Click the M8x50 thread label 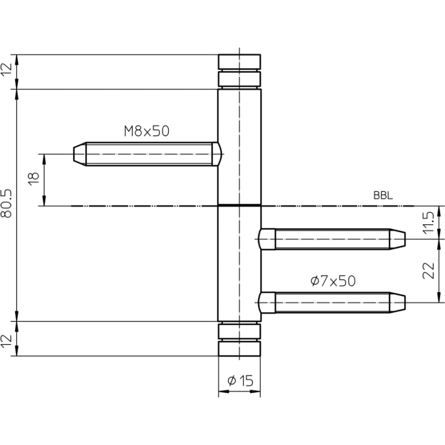147,131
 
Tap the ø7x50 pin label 333,281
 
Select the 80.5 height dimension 6,203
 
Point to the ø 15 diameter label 240,380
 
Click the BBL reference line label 383,195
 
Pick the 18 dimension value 33,179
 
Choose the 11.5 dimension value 428,222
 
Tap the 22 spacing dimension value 428,270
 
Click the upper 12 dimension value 6,69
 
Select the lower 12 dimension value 6,341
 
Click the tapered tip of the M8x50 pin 80,154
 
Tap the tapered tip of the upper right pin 397,239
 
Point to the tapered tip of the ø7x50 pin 397,303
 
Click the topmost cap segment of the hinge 239,62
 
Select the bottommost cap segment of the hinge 239,349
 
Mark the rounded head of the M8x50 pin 217,154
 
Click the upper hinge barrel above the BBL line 239,147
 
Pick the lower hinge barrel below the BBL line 239,264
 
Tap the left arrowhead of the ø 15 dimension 224,391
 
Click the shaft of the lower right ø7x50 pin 332,303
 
